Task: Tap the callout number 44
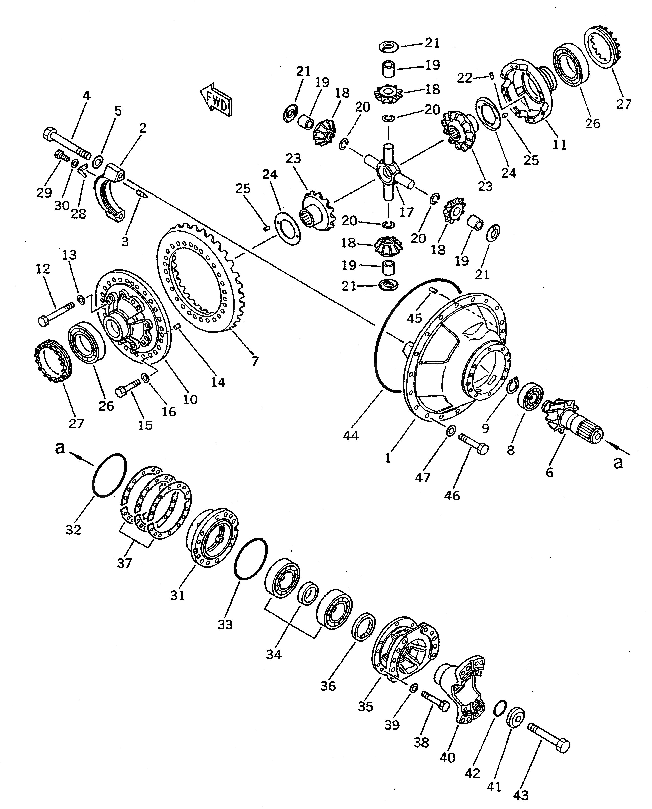pyautogui.click(x=351, y=436)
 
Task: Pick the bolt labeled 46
pyautogui.click(x=473, y=444)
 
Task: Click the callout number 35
pyautogui.click(x=365, y=706)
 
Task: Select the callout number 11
pyautogui.click(x=559, y=144)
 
